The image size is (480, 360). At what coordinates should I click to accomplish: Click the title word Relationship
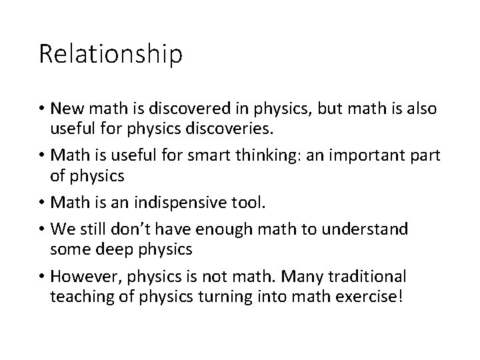(110, 54)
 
